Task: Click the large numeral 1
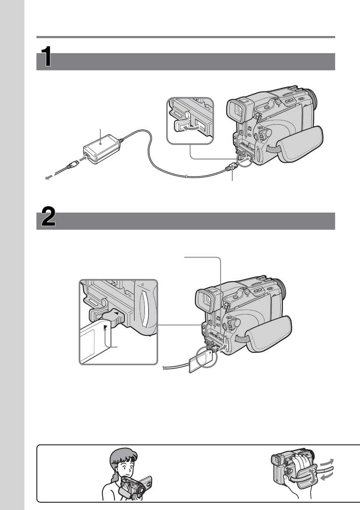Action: [x=48, y=57]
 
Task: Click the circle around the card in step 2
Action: [x=207, y=355]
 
